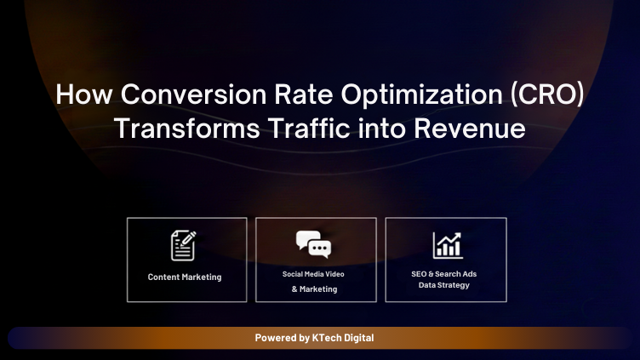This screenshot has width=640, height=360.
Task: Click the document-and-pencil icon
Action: pyautogui.click(x=184, y=245)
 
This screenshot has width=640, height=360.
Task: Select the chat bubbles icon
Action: pyautogui.click(x=313, y=244)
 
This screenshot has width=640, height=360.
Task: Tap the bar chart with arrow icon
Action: pyautogui.click(x=447, y=245)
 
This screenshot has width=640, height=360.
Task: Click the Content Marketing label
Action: pyautogui.click(x=185, y=277)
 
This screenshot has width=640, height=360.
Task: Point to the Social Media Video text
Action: pyautogui.click(x=313, y=274)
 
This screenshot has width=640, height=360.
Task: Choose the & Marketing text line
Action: pyautogui.click(x=314, y=289)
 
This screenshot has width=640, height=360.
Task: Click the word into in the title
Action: pyautogui.click(x=383, y=129)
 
